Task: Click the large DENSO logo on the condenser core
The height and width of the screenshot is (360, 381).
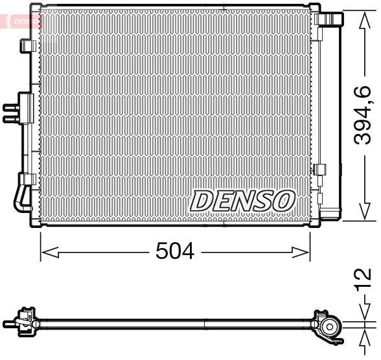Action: (242, 200)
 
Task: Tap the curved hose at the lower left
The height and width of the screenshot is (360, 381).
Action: (19, 198)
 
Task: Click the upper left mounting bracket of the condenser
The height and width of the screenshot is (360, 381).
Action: (28, 46)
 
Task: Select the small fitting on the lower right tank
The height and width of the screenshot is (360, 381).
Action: (319, 171)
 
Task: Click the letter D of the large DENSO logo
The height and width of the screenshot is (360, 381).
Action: (200, 201)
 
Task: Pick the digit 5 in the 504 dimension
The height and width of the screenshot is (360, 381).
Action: (163, 252)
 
